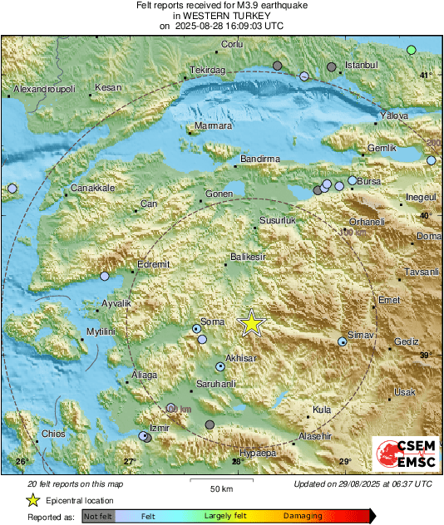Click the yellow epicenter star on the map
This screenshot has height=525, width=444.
point(251,324)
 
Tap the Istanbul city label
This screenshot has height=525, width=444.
point(362,65)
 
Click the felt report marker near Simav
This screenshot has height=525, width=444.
point(343,341)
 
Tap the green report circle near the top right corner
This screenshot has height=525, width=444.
point(411,51)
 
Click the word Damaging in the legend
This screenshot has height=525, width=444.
point(303,516)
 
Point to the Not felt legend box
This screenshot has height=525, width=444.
point(98,516)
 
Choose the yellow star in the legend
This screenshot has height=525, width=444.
point(33,500)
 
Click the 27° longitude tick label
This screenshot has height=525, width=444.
point(130,461)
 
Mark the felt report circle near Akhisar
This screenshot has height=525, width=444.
point(220,366)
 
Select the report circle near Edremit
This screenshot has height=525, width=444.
point(105,277)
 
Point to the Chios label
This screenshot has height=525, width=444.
point(52,434)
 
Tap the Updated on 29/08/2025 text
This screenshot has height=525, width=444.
point(363,483)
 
